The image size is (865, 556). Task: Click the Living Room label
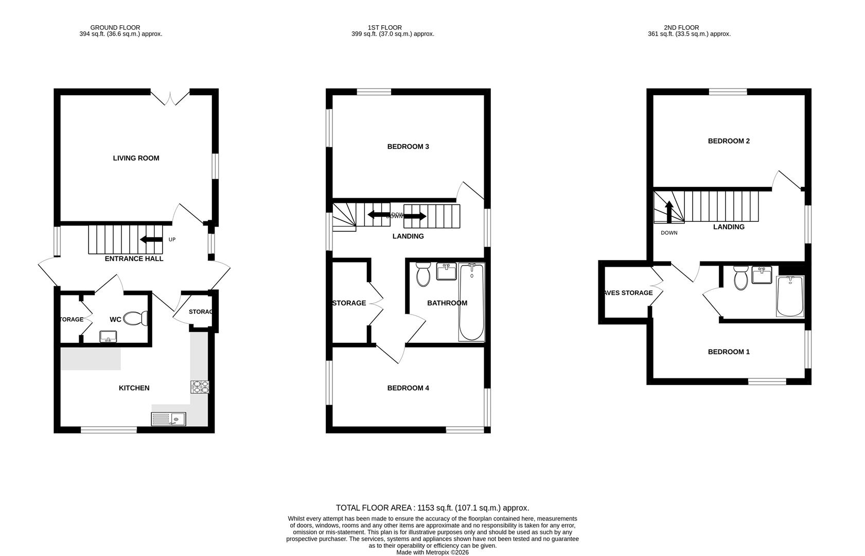tap(136, 158)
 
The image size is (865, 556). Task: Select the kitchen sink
tap(169, 419)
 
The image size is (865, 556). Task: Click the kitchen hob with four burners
tap(200, 387)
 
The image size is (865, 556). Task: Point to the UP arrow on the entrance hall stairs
tap(151, 239)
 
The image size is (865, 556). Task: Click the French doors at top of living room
tap(170, 97)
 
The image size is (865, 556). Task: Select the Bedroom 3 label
tap(408, 147)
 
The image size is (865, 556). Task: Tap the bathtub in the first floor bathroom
tap(471, 302)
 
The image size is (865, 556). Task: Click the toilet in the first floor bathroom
tap(423, 274)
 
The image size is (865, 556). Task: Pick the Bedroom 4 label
tap(408, 388)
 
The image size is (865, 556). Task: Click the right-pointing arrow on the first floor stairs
tap(415, 216)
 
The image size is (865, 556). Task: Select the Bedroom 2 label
tap(729, 141)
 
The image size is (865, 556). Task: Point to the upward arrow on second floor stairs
tap(669, 212)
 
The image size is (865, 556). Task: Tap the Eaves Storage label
tap(628, 293)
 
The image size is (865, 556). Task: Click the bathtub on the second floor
tap(790, 297)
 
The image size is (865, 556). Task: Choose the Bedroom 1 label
tap(729, 352)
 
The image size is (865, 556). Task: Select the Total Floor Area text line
tap(432, 508)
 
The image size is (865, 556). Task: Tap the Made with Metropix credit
tap(432, 552)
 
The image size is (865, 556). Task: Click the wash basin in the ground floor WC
tap(109, 338)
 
